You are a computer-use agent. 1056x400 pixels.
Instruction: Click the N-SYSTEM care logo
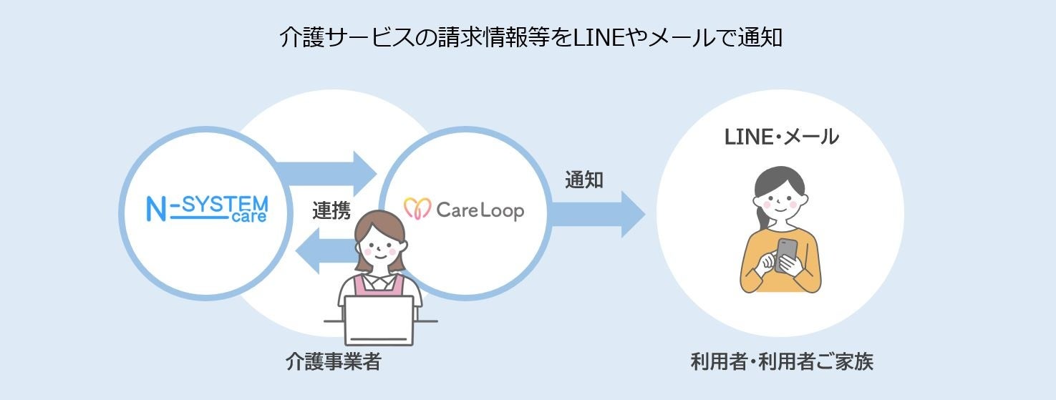(x=206, y=208)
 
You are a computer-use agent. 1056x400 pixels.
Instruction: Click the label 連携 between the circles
(x=331, y=210)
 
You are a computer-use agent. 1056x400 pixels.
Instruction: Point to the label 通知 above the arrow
(x=583, y=180)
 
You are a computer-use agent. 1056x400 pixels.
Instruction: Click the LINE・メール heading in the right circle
(x=781, y=137)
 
